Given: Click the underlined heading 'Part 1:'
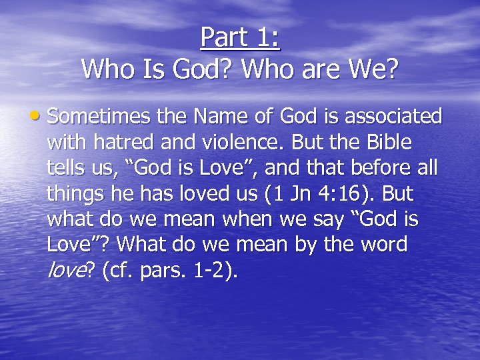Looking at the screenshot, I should point(240,37).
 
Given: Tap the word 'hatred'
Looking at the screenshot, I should point(125,143).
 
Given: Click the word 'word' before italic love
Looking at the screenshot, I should point(382,245).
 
